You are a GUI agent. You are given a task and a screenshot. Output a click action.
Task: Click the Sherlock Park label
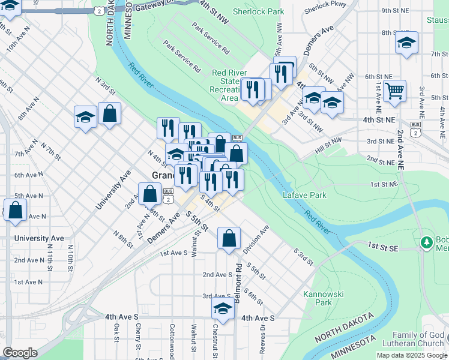click(267, 11)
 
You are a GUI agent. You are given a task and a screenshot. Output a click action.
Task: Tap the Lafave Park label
click(306, 195)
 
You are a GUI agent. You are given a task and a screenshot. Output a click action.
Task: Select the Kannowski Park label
click(318, 298)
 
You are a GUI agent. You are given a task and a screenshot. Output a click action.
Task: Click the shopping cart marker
click(394, 92)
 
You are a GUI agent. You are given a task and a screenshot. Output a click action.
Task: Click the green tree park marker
click(427, 242)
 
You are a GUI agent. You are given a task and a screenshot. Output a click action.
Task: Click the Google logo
click(20, 353)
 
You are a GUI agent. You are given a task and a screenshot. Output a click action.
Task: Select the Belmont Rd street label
click(238, 281)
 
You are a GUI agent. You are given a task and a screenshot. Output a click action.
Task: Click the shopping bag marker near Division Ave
click(229, 239)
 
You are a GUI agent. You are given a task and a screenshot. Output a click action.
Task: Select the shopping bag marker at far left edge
click(15, 211)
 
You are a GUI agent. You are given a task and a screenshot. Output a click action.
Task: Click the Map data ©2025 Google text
click(412, 355)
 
